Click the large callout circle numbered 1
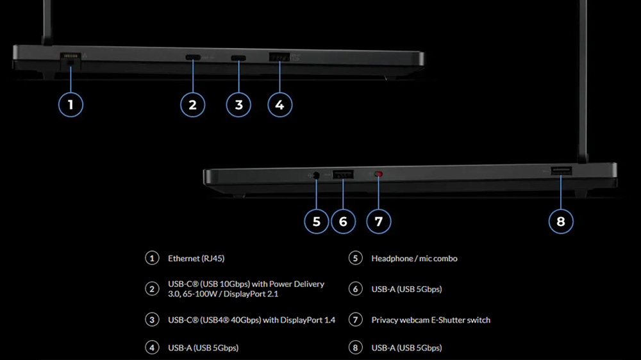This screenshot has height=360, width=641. [x=71, y=104]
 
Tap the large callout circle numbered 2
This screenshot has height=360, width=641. [x=192, y=104]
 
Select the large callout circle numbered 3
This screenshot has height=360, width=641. [x=238, y=104]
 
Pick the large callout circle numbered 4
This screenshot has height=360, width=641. [x=279, y=104]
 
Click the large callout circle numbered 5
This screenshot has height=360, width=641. [x=316, y=221]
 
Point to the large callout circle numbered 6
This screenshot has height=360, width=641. [x=343, y=221]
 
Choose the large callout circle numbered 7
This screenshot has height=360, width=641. [x=378, y=221]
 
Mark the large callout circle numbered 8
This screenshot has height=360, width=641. [x=561, y=221]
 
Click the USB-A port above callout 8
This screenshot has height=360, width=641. [x=562, y=170]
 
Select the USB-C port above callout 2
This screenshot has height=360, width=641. [x=192, y=58]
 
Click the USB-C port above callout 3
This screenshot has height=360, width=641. [x=238, y=58]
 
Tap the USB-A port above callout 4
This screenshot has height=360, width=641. [x=279, y=58]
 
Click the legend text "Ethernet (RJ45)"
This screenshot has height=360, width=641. [x=196, y=259]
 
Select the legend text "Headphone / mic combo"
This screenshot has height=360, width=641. [x=414, y=259]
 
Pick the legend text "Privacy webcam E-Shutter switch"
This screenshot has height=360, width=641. [x=431, y=320]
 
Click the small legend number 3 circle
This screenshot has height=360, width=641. [x=152, y=320]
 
